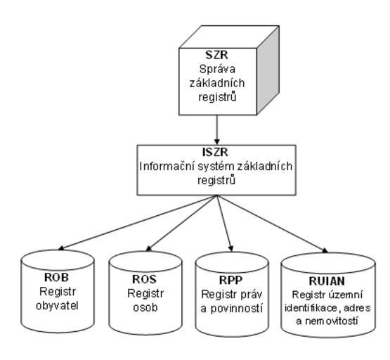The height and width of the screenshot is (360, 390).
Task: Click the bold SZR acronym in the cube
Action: pos(216,55)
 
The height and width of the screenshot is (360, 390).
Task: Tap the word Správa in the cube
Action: pos(217,70)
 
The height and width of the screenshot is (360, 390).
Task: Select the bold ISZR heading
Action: pos(215,153)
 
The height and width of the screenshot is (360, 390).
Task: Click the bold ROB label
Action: pos(56,278)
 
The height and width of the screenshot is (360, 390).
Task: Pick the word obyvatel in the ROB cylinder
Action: pos(57,306)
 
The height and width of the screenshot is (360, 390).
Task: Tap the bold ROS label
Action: pos(145,279)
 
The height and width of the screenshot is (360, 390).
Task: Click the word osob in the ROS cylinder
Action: pos(145,307)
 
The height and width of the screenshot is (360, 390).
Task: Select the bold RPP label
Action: pos(230,280)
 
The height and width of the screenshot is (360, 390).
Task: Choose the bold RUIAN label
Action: pos(327,281)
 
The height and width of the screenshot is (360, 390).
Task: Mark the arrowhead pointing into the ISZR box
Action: pos(217,142)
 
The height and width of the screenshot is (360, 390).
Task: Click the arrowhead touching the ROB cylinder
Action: pos(61,247)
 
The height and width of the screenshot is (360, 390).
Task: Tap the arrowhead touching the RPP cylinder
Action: pos(230,248)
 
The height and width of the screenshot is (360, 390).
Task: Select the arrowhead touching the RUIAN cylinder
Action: pos(325,250)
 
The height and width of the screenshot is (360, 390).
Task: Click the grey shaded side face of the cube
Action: pos(268,70)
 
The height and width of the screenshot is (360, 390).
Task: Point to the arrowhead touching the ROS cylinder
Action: pos(149,248)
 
